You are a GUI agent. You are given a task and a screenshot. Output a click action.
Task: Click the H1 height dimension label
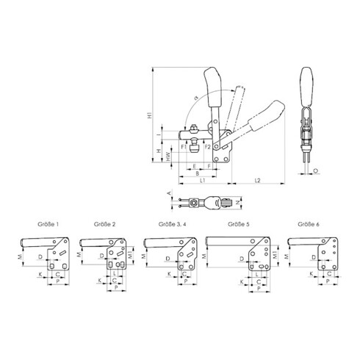(x=150, y=115)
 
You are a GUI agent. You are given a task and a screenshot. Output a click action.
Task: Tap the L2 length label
(x=257, y=180)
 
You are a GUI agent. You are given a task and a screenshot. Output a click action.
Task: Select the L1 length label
(x=201, y=180)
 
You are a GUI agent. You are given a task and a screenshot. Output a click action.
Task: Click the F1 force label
(x=184, y=146)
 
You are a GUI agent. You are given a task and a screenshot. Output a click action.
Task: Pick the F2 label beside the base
(x=208, y=146)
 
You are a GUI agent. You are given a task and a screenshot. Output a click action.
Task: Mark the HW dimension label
(x=170, y=156)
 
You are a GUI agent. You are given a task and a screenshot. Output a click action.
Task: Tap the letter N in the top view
(x=240, y=201)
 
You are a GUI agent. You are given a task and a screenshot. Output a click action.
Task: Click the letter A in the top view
(x=170, y=194)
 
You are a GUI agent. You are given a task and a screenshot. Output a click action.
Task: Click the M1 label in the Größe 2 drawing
(x=131, y=254)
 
